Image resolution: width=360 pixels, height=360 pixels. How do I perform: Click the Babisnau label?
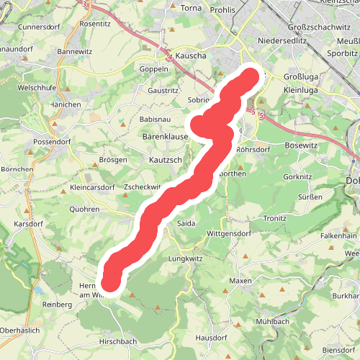pyautogui.click(x=155, y=118)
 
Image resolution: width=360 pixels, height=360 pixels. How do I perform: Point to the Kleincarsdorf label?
pyautogui.click(x=92, y=187)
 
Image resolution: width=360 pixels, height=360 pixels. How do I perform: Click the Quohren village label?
pyautogui.click(x=85, y=209)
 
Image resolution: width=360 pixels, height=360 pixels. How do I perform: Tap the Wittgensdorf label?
pyautogui.click(x=228, y=234)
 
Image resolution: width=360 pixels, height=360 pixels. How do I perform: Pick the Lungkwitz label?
pyautogui.click(x=186, y=257)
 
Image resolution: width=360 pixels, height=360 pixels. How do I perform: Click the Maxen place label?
pyautogui.click(x=240, y=280)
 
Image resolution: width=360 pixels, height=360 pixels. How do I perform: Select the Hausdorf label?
pyautogui.click(x=211, y=336)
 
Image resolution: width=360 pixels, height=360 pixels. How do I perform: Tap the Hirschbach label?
pyautogui.click(x=118, y=341)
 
